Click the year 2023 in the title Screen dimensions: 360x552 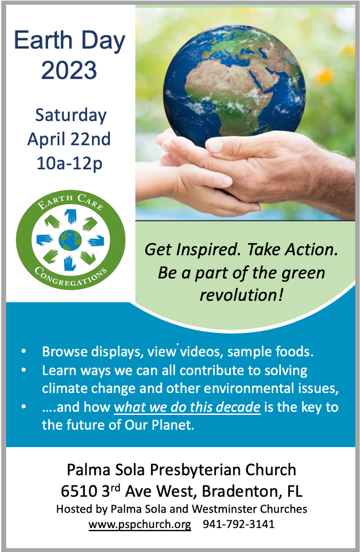69,70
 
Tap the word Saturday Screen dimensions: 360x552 71,116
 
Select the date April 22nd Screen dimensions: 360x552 69,139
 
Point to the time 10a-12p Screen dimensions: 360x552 70,163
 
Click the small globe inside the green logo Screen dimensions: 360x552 70,240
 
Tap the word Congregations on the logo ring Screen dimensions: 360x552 71,278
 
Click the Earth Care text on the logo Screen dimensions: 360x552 71,201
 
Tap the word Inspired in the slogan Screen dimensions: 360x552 208,249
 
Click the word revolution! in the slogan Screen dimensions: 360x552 241,295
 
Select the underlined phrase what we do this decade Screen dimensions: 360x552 187,407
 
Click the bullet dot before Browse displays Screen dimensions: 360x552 24,351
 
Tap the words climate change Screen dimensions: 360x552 88,388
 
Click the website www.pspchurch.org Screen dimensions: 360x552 140,524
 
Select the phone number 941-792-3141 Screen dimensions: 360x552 239,524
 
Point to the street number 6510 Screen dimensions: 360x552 79,491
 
